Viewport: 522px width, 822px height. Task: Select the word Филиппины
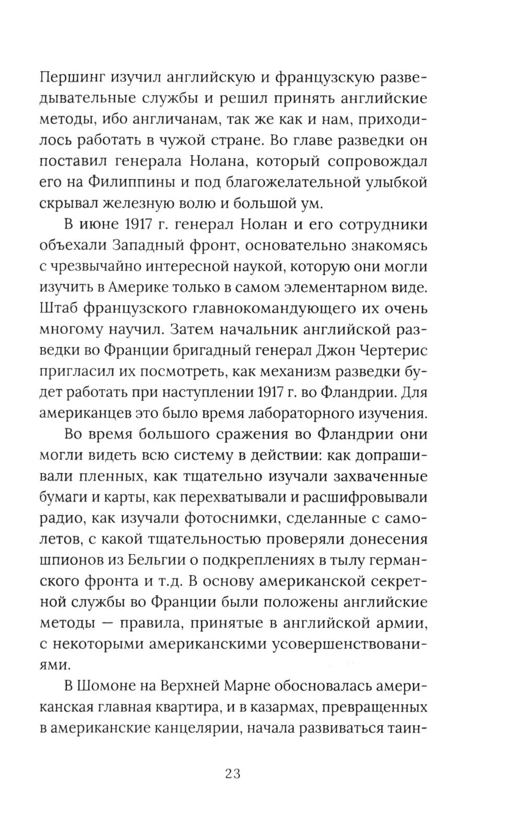[123, 183]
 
